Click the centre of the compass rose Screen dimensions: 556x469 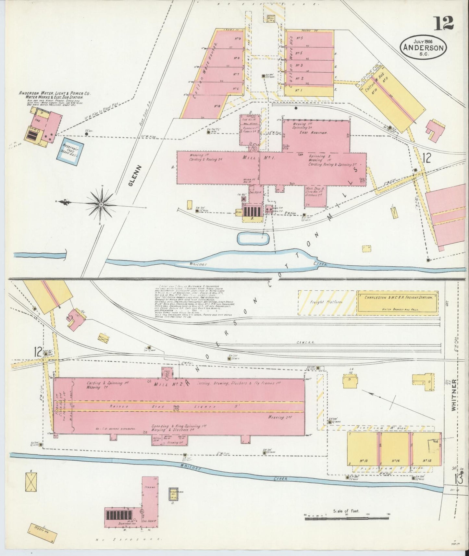(101, 204)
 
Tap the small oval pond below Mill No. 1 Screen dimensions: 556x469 (253, 238)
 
